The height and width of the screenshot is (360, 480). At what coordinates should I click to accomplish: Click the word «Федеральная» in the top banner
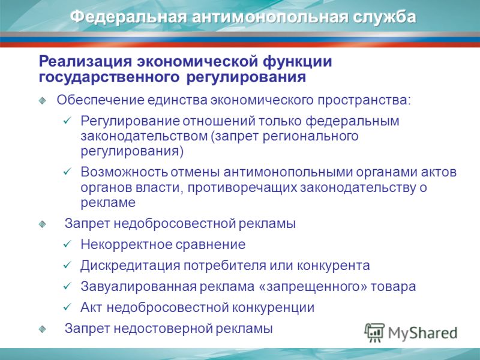click(x=128, y=17)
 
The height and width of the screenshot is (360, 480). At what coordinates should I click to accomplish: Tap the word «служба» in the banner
click(x=384, y=17)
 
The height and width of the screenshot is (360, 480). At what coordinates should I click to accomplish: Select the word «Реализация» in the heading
click(x=85, y=62)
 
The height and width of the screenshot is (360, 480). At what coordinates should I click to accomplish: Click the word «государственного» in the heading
click(x=109, y=77)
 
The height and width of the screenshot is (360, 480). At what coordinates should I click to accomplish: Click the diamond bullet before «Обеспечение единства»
click(x=43, y=100)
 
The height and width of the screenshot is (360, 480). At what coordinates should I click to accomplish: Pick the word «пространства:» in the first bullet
click(x=364, y=100)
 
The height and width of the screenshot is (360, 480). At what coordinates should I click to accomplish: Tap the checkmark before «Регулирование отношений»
click(x=67, y=121)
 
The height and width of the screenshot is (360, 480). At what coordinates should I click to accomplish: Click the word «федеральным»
click(x=352, y=121)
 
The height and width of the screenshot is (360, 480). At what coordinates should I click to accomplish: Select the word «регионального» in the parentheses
click(x=310, y=136)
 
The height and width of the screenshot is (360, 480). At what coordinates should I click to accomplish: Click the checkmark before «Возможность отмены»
click(x=67, y=172)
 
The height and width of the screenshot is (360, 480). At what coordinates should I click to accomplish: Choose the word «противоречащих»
click(x=242, y=188)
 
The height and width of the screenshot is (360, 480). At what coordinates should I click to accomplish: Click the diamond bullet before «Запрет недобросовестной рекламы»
click(x=43, y=224)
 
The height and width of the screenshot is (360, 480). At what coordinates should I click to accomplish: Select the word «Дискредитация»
click(x=130, y=266)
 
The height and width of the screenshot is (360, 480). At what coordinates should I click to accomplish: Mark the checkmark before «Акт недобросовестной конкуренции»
click(x=67, y=307)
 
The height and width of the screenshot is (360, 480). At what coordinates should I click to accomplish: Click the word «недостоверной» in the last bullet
click(x=163, y=329)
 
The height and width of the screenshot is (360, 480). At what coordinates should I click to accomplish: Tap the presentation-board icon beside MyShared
click(x=374, y=332)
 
